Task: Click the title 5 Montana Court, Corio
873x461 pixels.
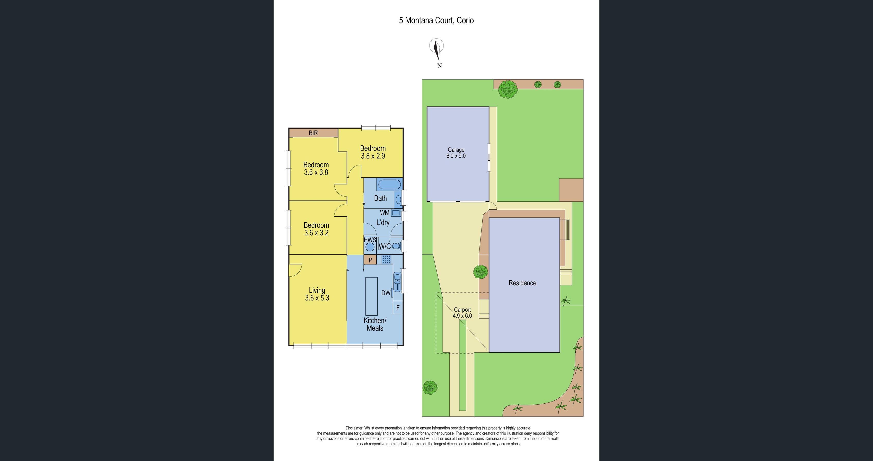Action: coord(436,20)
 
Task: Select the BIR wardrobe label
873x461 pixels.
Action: coord(313,133)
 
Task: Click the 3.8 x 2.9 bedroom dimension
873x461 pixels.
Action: coord(373,156)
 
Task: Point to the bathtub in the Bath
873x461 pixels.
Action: coord(389,185)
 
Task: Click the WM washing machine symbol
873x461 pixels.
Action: coord(396,213)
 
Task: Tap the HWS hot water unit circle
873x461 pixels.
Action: coord(370,247)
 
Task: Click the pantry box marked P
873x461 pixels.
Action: coord(370,260)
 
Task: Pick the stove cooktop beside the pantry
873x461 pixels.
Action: coord(386,260)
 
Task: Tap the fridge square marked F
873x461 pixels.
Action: coord(398,308)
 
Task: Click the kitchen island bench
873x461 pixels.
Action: coord(371,296)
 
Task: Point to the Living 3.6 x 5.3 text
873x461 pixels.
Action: coord(317,294)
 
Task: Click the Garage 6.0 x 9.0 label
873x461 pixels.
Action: coord(456,153)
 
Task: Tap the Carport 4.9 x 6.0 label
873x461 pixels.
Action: coord(462,313)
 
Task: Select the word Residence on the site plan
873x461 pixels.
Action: coord(522,283)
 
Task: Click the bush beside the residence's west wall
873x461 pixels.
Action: coord(481,272)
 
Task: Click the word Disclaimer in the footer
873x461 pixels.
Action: coord(354,428)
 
